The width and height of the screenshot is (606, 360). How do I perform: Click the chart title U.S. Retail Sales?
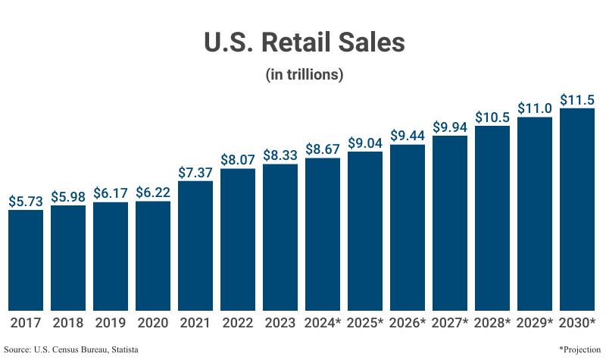305,42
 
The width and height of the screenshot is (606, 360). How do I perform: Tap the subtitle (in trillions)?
305,75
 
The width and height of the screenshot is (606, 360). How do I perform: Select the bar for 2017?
26,260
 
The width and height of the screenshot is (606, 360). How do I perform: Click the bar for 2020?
153,255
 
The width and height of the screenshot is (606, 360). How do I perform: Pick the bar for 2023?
280,236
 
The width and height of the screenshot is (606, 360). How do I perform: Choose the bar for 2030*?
577,209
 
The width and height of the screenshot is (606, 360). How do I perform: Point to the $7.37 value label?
195,172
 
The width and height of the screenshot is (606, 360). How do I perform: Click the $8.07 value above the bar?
238,160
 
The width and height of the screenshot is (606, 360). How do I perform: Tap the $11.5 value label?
577,99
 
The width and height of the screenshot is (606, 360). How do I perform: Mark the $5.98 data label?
68,196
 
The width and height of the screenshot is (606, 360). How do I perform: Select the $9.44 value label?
408,136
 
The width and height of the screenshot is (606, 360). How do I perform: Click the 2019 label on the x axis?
111,322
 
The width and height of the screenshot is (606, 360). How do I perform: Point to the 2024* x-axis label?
323,322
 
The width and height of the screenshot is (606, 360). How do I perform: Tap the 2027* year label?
450,322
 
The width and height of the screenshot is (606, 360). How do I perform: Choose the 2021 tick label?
195,322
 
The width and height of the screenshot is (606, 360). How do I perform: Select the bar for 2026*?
408,227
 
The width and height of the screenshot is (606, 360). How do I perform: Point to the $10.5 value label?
492,117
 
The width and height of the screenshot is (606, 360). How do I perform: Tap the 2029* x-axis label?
535,322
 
